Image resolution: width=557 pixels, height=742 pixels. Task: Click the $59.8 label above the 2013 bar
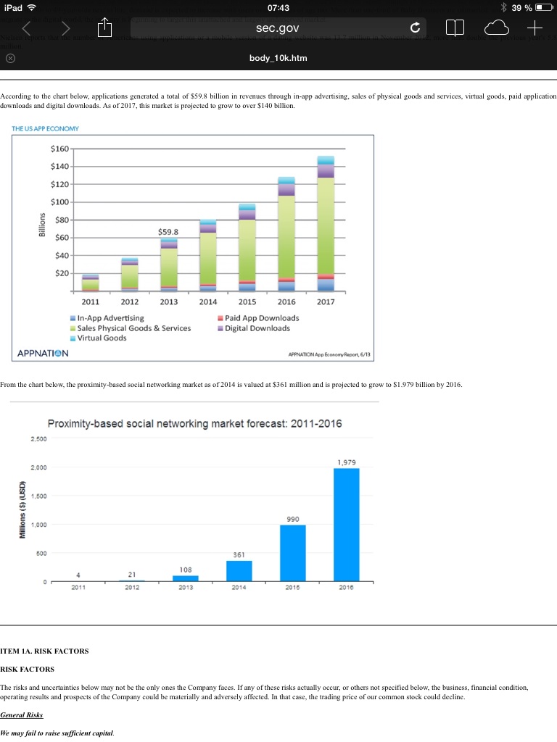[x=169, y=232]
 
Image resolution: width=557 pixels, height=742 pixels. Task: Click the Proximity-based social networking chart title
[x=194, y=424]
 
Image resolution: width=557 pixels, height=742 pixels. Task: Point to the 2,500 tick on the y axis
[x=39, y=438]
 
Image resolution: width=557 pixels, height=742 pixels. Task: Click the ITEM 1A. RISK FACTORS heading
[x=44, y=651]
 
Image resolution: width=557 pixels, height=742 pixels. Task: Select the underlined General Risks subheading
[x=22, y=714]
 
